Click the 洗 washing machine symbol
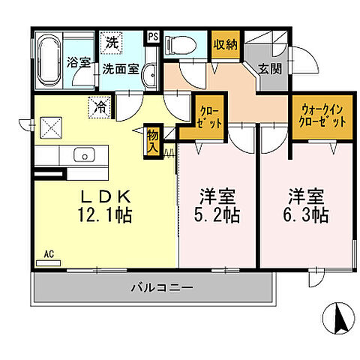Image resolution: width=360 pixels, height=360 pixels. [111, 43]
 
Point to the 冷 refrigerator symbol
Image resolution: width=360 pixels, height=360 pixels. [99, 107]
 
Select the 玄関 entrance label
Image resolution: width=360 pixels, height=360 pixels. [271, 69]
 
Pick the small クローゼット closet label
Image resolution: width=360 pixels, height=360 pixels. [211, 117]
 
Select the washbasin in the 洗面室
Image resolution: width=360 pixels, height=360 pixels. [147, 72]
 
